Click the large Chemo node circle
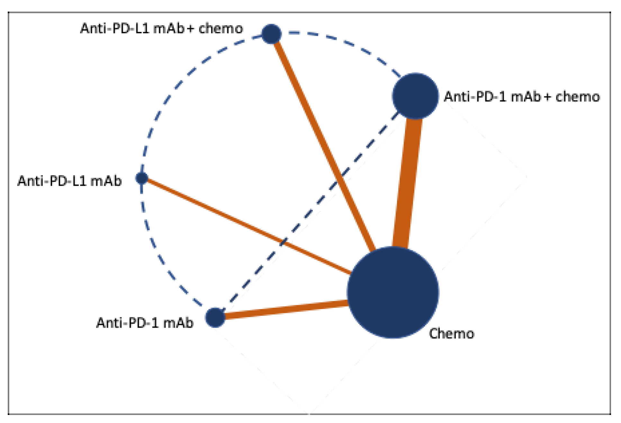click(x=393, y=292)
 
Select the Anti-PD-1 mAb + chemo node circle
click(x=415, y=96)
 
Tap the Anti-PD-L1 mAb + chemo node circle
click(x=272, y=34)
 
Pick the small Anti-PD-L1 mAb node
click(x=142, y=178)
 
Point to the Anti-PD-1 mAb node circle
click(x=215, y=317)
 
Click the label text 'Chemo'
click(x=452, y=334)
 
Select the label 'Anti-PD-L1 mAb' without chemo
click(x=69, y=181)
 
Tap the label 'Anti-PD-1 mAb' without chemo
click(x=145, y=323)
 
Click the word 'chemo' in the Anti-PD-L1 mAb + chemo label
click(x=221, y=28)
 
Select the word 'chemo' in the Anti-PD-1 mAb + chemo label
click(x=578, y=97)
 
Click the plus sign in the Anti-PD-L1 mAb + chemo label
click(x=191, y=28)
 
